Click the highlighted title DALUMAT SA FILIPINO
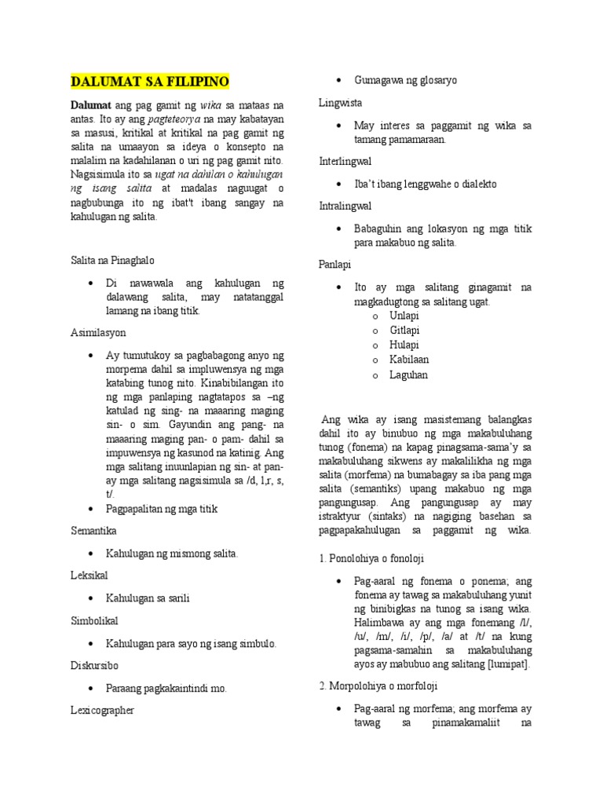[x=150, y=82]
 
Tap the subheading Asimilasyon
[x=97, y=333]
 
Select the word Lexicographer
[x=104, y=710]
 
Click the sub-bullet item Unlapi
[x=405, y=316]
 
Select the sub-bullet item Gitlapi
[x=405, y=331]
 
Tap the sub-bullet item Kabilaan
[x=409, y=360]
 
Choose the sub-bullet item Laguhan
[x=408, y=375]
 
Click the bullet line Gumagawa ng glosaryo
[x=405, y=80]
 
